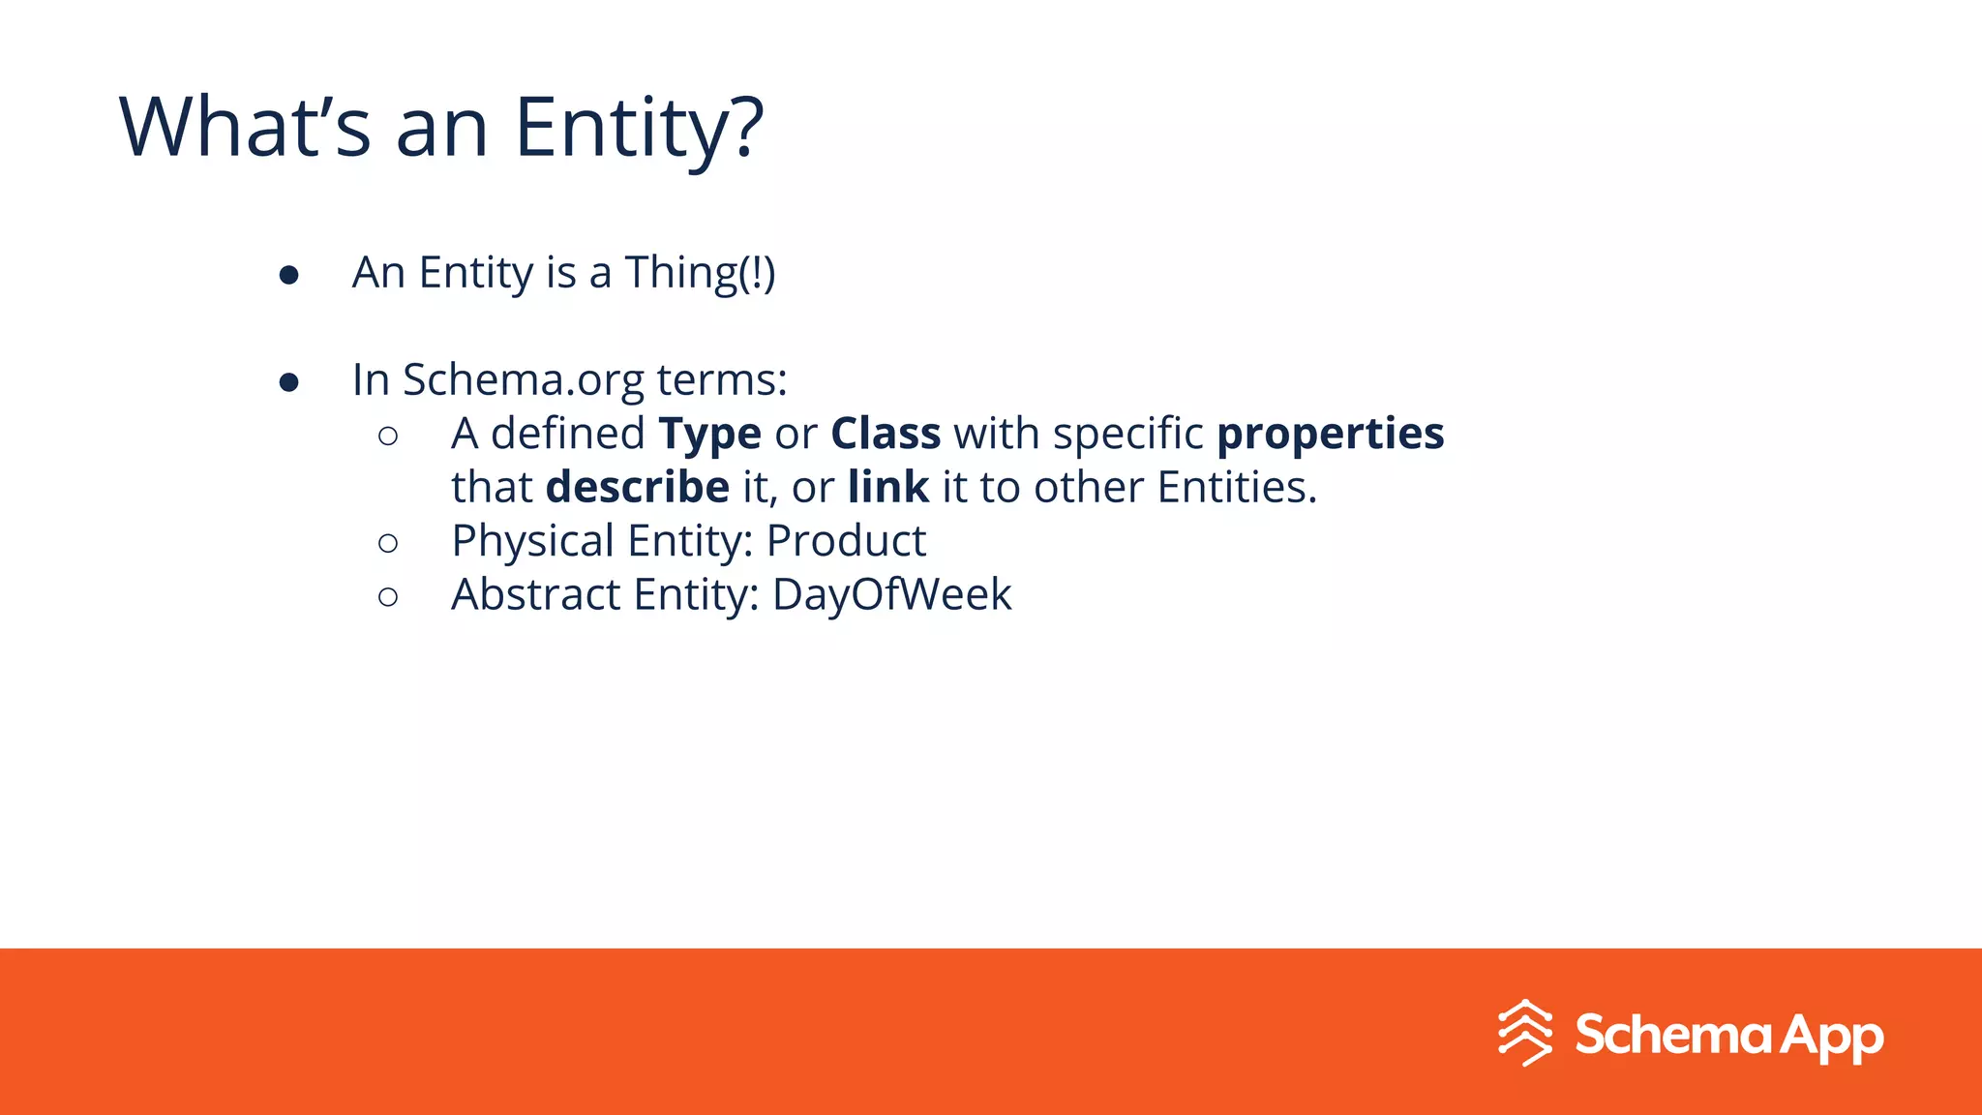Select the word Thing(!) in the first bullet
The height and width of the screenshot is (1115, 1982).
pyautogui.click(x=700, y=273)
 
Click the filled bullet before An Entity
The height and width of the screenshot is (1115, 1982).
pyautogui.click(x=288, y=276)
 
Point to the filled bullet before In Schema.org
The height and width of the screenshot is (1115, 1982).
pyautogui.click(x=288, y=383)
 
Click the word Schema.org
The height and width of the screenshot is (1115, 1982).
pyautogui.click(x=523, y=380)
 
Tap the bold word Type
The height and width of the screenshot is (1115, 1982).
pyautogui.click(x=709, y=435)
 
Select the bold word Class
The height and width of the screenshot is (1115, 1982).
pyautogui.click(x=886, y=434)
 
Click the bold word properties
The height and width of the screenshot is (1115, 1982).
pyautogui.click(x=1330, y=435)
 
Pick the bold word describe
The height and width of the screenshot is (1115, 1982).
pyautogui.click(x=637, y=487)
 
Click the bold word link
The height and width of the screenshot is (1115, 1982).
pyautogui.click(x=887, y=487)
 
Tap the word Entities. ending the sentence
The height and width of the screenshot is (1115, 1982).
pyautogui.click(x=1237, y=487)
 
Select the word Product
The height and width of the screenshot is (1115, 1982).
pyautogui.click(x=846, y=541)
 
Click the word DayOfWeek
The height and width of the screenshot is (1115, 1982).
pyautogui.click(x=891, y=594)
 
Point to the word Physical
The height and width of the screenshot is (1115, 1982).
pyautogui.click(x=532, y=541)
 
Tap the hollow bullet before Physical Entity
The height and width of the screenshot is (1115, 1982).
pyautogui.click(x=388, y=544)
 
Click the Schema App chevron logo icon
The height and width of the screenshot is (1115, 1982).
pyautogui.click(x=1525, y=1033)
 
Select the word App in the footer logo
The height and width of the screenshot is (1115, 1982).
pyautogui.click(x=1831, y=1037)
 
